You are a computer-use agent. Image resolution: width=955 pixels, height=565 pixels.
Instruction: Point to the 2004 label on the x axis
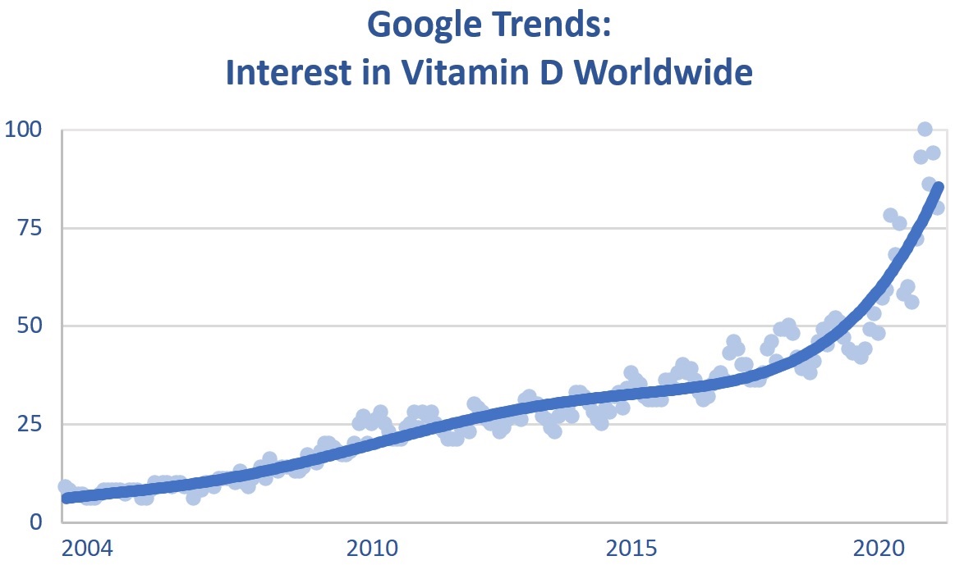coord(87,547)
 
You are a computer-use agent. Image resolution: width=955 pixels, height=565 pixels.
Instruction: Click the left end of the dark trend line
coord(66,498)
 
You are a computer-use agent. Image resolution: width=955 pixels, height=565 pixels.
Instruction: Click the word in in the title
coord(360,73)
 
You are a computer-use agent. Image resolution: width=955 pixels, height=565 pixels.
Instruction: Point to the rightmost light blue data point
coord(937,207)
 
